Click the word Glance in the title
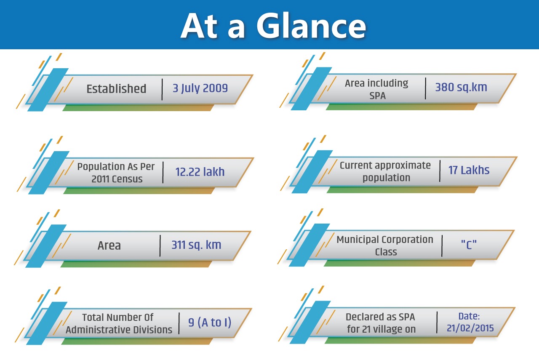[x=311, y=25]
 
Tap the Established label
[x=117, y=89]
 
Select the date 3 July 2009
[x=200, y=88]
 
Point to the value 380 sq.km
[x=461, y=87]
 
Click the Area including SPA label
[x=377, y=89]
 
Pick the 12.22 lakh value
[x=200, y=172]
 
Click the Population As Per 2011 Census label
[x=116, y=173]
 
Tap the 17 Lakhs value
[x=469, y=170]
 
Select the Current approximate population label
[x=385, y=171]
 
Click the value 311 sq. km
[x=196, y=245]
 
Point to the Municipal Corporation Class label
[x=385, y=245]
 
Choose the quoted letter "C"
[x=469, y=245]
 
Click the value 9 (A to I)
[x=210, y=323]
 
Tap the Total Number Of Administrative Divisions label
[x=119, y=323]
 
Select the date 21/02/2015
[x=470, y=328]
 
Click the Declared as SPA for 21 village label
[x=381, y=323]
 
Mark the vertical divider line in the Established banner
[x=162, y=89]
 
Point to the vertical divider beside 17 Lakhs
[x=440, y=171]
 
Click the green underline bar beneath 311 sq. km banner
[x=136, y=264]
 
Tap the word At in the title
[x=200, y=26]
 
